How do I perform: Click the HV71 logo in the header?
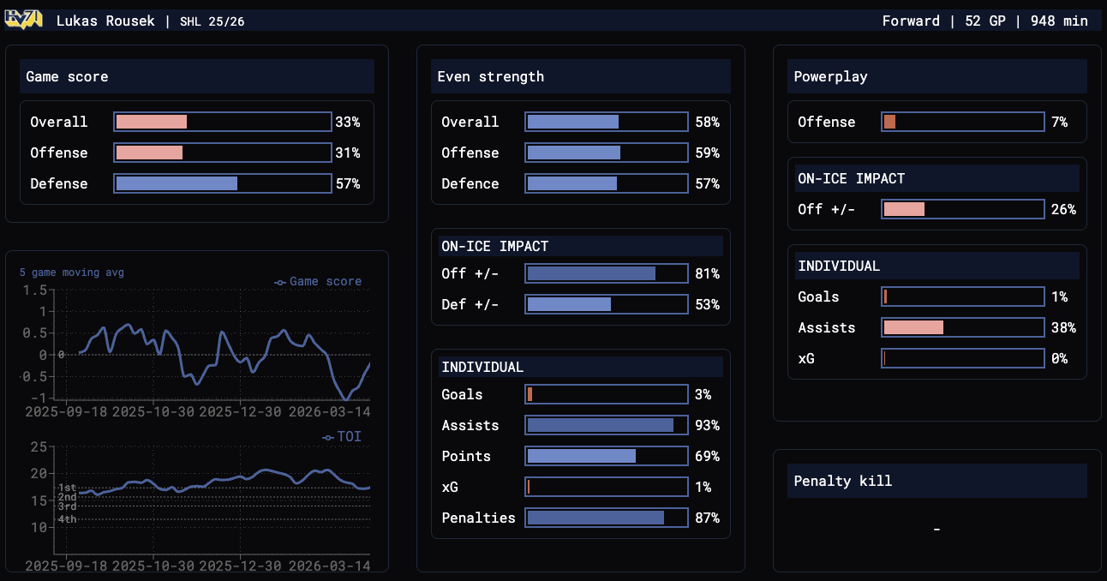24,20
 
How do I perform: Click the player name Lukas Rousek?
106,21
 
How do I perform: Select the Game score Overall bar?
223,122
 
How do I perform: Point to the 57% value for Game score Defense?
348,183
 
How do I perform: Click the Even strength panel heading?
491,76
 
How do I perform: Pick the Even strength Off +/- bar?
607,273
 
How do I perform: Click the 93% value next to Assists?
708,425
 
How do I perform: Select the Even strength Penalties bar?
607,518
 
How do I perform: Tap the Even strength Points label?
466,456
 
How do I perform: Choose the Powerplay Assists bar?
963,327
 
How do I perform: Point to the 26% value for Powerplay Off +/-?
1063,209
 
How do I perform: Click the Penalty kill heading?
843,481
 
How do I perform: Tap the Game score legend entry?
319,281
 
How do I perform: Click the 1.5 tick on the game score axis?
35,290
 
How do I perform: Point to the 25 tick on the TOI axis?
38,446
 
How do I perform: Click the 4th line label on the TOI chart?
67,519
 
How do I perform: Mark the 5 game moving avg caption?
72,273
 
